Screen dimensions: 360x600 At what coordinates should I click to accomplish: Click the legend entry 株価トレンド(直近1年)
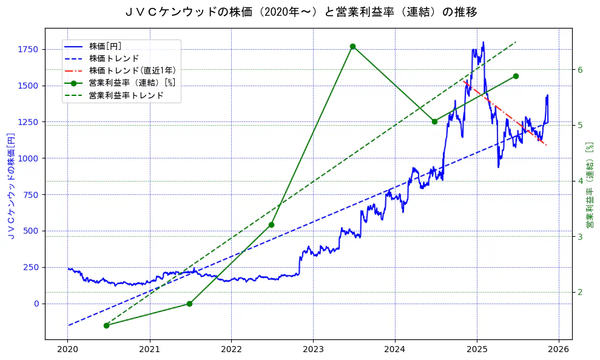132,70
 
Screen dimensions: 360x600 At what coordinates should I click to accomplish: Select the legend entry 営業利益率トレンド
126,95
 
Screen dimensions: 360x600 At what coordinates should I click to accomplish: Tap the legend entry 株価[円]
109,46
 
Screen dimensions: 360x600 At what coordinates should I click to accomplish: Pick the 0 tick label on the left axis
36,304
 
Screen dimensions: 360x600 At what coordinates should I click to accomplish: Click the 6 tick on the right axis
579,70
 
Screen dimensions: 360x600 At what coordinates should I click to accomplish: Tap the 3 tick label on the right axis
579,237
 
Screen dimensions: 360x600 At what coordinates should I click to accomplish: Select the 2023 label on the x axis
313,350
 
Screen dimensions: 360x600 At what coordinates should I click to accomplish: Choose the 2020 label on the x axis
68,350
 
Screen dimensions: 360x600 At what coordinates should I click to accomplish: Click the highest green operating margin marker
352,47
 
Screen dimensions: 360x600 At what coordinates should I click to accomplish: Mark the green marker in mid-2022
271,225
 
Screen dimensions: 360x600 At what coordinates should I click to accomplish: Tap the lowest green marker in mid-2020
106,325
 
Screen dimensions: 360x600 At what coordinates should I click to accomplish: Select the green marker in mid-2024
434,121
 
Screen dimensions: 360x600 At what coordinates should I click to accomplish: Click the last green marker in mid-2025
516,76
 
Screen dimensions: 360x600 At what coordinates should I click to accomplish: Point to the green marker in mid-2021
189,304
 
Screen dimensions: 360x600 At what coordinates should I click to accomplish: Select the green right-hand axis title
589,185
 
